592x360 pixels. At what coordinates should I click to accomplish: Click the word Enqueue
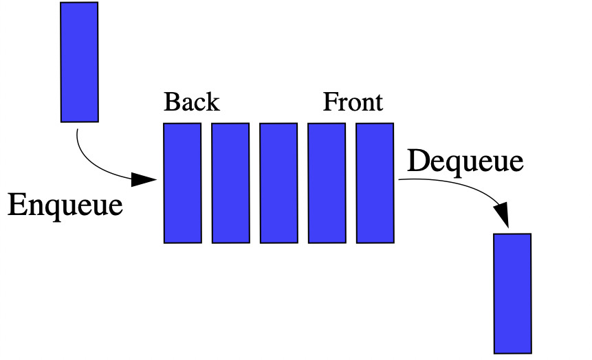pos(65,205)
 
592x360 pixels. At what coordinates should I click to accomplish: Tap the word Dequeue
pos(465,161)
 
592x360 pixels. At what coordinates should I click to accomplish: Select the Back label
pos(192,102)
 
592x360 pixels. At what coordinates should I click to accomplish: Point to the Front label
pos(353,102)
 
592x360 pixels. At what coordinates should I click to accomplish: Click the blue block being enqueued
pos(80,62)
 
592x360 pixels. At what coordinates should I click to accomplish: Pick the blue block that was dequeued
pos(513,293)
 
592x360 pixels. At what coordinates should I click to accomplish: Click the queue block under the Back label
pos(182,183)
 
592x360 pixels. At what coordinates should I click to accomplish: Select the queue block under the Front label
pos(375,183)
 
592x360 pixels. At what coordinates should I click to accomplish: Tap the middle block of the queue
pos(278,183)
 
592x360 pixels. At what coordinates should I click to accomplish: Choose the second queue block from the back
pos(230,183)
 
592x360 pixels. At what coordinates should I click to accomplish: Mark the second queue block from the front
pos(327,183)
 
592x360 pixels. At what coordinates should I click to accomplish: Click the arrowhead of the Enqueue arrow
pos(144,179)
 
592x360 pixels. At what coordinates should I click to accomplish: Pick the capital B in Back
pos(172,102)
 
